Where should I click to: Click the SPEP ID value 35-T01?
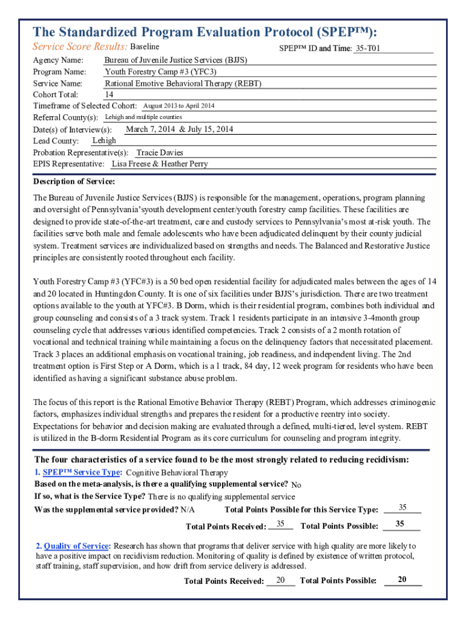click(368, 48)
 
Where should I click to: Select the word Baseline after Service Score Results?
click(145, 47)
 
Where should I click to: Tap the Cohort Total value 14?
click(109, 94)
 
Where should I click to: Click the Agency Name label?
click(58, 60)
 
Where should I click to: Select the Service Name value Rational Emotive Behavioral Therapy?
click(183, 83)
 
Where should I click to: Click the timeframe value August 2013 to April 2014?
click(179, 106)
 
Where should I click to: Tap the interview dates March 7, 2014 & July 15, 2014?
click(179, 129)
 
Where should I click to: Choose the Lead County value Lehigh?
click(104, 140)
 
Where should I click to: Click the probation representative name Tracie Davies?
click(160, 152)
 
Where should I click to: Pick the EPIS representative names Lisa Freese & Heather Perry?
click(160, 164)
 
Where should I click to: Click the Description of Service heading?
click(74, 181)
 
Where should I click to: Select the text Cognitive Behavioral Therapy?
click(177, 473)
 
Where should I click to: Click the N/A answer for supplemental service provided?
click(188, 510)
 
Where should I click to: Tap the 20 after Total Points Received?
click(280, 580)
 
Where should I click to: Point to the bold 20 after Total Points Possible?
click(402, 580)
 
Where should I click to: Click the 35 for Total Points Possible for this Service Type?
click(402, 507)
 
